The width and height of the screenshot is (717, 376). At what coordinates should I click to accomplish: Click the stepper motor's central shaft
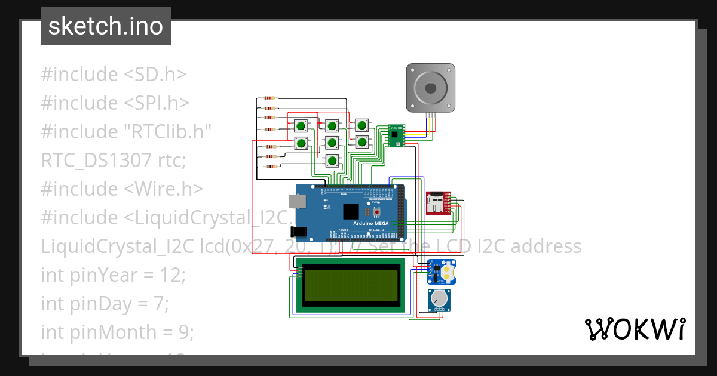430,88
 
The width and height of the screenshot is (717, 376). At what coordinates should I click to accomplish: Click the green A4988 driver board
396,135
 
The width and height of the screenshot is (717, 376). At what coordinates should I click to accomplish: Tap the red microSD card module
439,203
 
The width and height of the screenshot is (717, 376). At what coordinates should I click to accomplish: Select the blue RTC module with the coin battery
442,272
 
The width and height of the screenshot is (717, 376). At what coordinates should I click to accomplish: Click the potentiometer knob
440,298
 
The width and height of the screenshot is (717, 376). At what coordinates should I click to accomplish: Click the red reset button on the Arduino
376,213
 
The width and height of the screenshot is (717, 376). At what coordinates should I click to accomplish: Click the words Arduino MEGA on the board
370,223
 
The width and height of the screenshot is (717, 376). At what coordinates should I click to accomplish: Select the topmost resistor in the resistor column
270,98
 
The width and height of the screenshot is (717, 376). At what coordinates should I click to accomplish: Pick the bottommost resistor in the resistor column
272,167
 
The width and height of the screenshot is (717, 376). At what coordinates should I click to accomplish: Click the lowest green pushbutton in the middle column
332,159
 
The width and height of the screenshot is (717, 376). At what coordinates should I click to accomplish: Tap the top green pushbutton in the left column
301,126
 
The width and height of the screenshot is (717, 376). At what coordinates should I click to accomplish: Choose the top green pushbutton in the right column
361,125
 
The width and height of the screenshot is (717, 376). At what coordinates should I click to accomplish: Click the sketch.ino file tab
106,26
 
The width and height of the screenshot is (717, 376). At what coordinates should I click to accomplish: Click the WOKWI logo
635,329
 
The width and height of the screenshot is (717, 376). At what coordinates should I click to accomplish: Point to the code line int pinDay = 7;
105,304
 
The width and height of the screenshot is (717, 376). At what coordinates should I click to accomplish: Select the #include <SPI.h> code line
115,103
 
